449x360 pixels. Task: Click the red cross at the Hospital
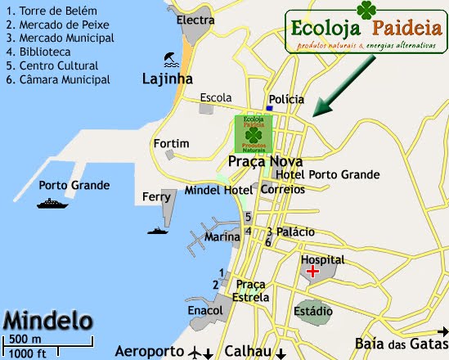click(x=312, y=272)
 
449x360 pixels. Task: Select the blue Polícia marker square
click(x=269, y=108)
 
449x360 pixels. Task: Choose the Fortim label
click(x=171, y=143)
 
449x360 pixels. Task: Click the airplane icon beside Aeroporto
click(x=194, y=352)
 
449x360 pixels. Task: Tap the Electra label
click(x=195, y=20)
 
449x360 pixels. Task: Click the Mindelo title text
click(x=47, y=318)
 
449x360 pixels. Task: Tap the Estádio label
click(x=313, y=311)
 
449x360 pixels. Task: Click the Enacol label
click(x=205, y=311)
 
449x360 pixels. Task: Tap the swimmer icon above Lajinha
click(x=170, y=59)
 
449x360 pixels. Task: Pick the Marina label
click(x=222, y=237)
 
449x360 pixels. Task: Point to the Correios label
click(x=282, y=189)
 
